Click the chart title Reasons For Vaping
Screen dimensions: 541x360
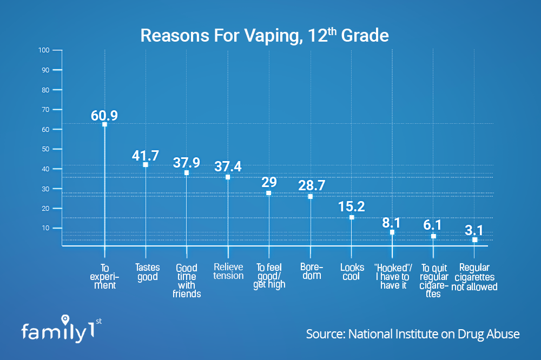(x=265, y=36)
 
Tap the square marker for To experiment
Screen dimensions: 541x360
(x=104, y=124)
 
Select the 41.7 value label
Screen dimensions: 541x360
(x=145, y=156)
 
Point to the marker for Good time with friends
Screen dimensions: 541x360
(x=187, y=173)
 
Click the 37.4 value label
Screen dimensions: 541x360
(x=228, y=166)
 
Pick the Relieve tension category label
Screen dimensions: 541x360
(x=228, y=271)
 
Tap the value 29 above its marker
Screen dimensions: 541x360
(x=269, y=182)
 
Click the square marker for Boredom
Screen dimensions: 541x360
(x=310, y=197)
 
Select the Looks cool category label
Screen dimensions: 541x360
(x=352, y=272)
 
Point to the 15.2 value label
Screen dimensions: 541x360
(x=351, y=206)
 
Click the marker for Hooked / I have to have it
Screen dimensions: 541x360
(x=392, y=232)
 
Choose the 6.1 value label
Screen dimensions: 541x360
(x=432, y=225)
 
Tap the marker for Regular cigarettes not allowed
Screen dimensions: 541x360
(x=475, y=239)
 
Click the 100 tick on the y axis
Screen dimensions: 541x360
(x=44, y=50)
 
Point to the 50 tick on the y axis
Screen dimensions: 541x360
(x=45, y=149)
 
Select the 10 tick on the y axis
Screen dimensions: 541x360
(x=45, y=228)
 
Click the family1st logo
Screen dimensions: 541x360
(x=62, y=329)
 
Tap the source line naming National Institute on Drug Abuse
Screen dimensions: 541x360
(x=413, y=334)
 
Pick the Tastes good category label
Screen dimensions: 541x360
(x=147, y=272)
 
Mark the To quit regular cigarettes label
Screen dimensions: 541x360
(x=434, y=281)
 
